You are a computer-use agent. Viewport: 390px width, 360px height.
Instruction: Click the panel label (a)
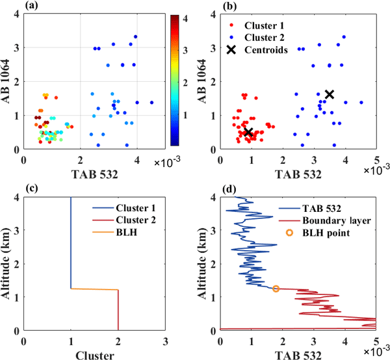click(29, 6)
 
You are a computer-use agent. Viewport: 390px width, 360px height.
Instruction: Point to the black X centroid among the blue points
click(329, 94)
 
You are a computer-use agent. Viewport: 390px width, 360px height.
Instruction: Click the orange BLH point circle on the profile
click(276, 288)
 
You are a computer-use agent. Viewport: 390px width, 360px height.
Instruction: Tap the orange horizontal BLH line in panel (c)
click(94, 289)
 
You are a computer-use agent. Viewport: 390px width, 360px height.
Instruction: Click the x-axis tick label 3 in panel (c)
click(165, 339)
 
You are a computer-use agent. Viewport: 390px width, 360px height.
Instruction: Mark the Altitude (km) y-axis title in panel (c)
click(8, 263)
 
